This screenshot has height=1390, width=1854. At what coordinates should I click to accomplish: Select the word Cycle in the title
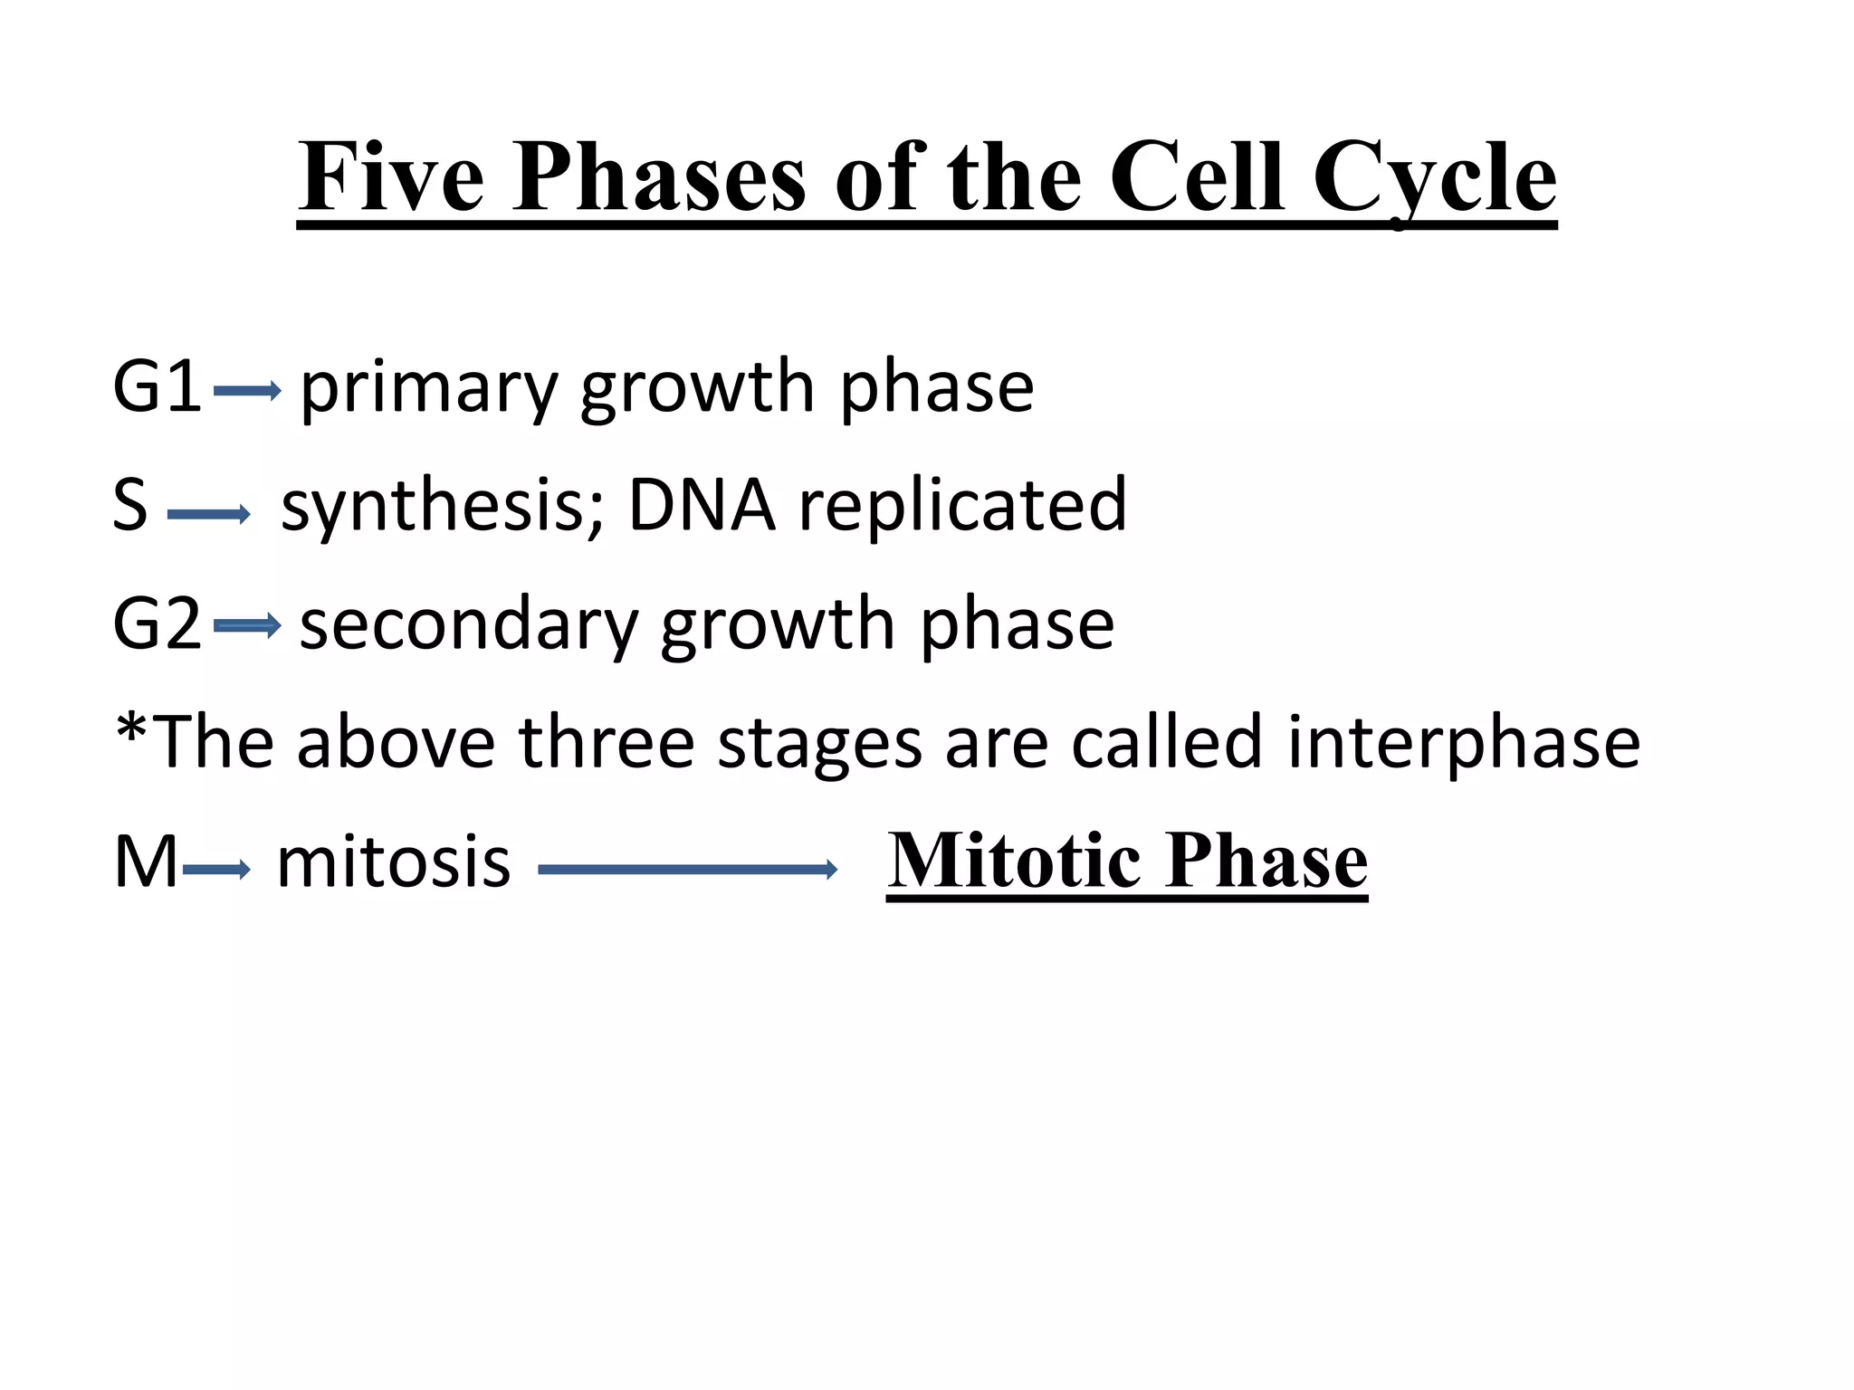click(1434, 179)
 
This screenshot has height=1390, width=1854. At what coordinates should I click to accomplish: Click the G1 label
click(157, 386)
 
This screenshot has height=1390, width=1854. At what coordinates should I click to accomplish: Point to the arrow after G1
click(247, 391)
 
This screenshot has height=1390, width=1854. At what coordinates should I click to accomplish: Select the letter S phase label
click(130, 505)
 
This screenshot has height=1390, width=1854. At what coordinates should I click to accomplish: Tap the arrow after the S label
click(208, 515)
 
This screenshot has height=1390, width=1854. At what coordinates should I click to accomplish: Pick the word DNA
click(702, 505)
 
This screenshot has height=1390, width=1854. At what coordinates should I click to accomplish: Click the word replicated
click(962, 505)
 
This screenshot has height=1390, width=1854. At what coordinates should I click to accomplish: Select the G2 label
click(157, 624)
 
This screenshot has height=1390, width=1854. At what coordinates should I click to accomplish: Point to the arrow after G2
click(247, 625)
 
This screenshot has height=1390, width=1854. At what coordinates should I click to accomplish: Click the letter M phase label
click(145, 862)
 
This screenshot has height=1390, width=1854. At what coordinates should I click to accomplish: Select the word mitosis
click(393, 862)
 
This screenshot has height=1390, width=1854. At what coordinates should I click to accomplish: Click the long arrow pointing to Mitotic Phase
click(687, 870)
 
